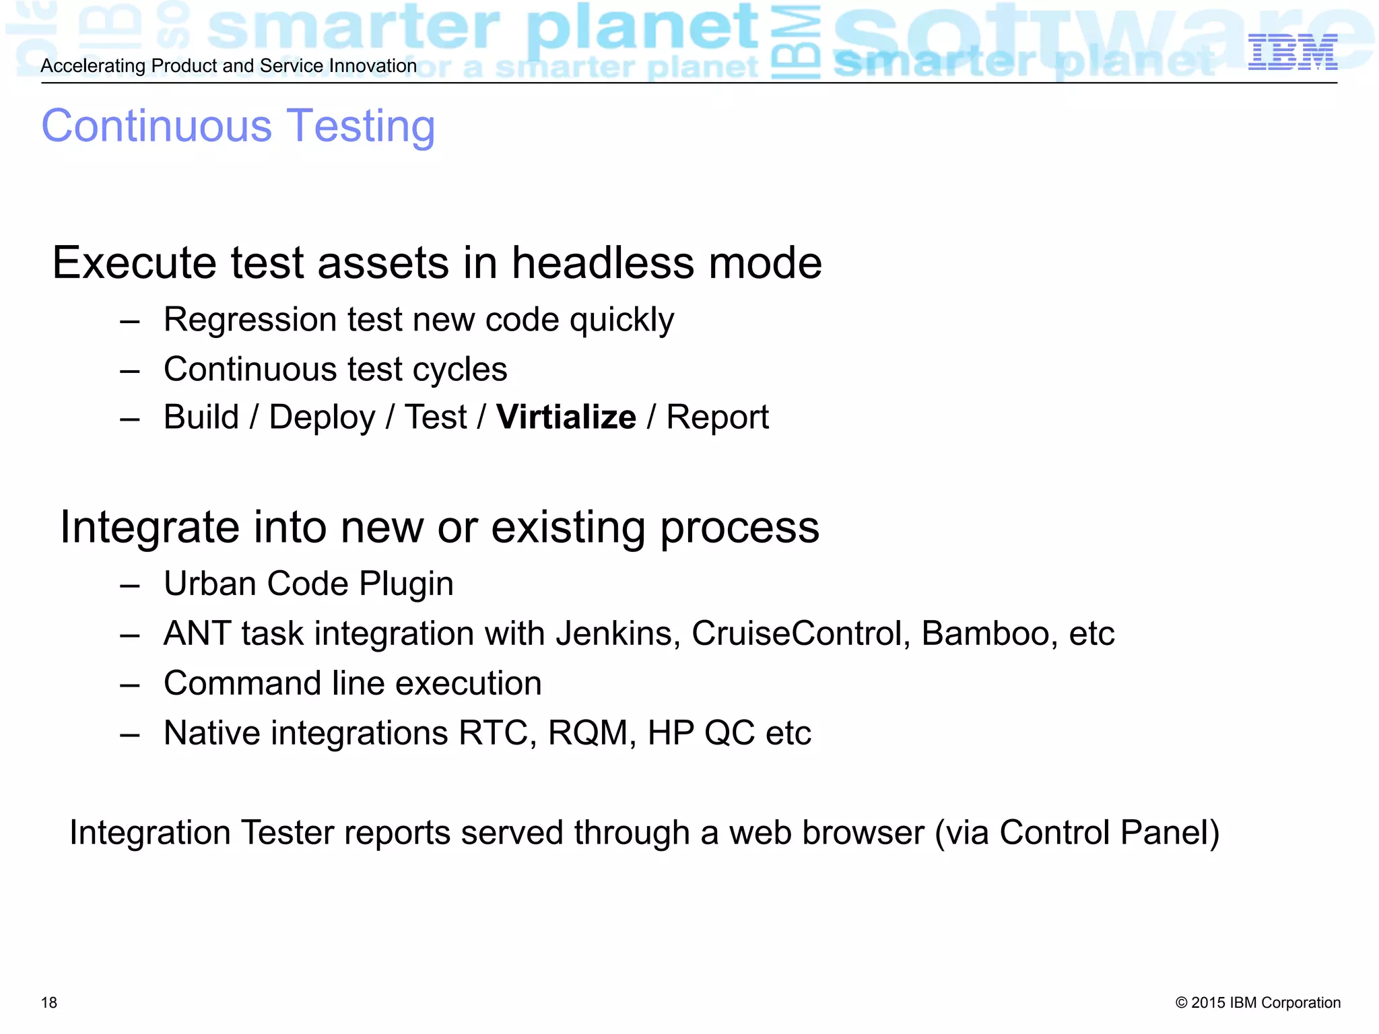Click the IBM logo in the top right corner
[x=1292, y=53]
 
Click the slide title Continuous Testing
[x=238, y=126]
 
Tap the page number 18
[x=49, y=1002]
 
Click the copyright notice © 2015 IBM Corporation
[x=1258, y=1002]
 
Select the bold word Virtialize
[x=566, y=417]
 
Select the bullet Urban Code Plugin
[x=308, y=584]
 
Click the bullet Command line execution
[x=352, y=683]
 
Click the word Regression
[x=249, y=320]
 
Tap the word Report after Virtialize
[x=717, y=417]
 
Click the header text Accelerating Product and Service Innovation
[x=229, y=66]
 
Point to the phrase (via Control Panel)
[x=1077, y=833]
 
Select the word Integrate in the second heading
[x=149, y=527]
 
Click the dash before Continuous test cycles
[x=130, y=370]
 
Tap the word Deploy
[x=322, y=417]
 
